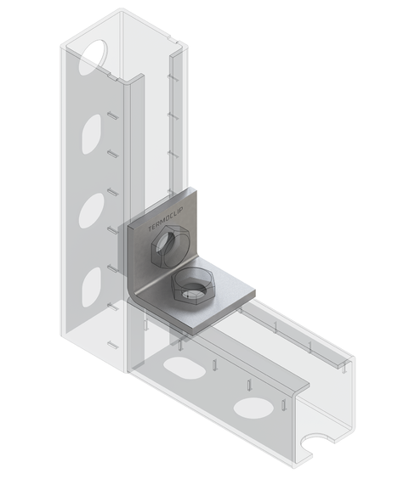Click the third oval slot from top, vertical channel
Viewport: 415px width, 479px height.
[91, 210]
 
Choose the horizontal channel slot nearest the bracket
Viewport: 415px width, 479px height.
[179, 368]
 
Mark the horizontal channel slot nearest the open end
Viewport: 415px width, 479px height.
[254, 407]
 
